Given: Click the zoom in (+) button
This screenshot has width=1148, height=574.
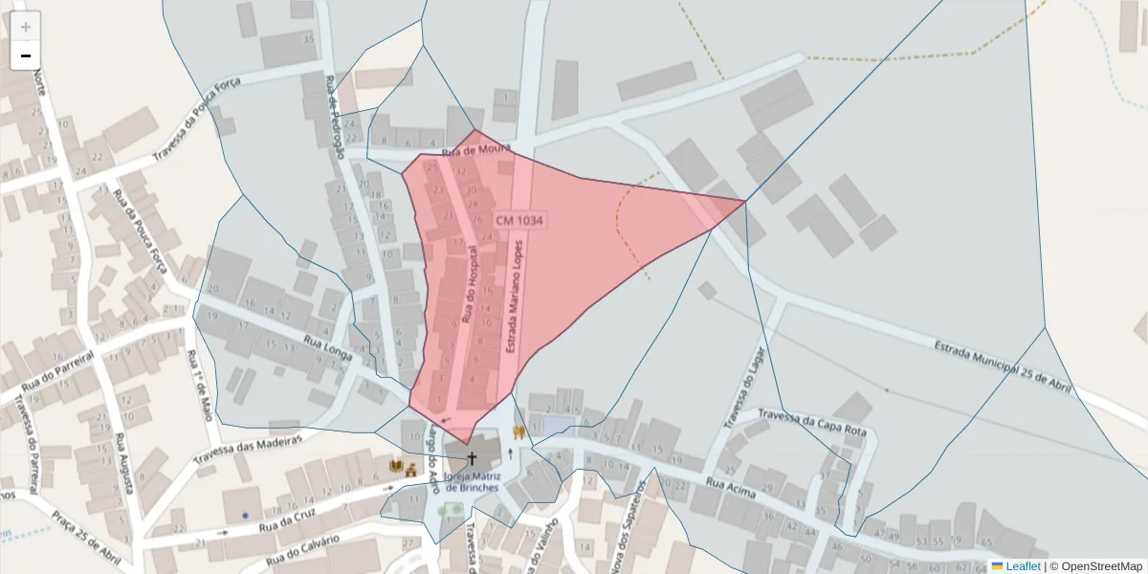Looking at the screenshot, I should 26,27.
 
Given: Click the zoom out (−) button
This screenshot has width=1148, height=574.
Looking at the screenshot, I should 26,55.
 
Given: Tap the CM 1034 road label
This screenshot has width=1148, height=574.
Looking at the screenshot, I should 519,220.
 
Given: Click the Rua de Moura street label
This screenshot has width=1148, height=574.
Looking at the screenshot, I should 476,151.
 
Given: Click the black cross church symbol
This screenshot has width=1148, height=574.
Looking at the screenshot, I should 471,459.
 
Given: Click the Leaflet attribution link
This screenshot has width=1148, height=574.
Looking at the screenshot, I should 1015,565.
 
